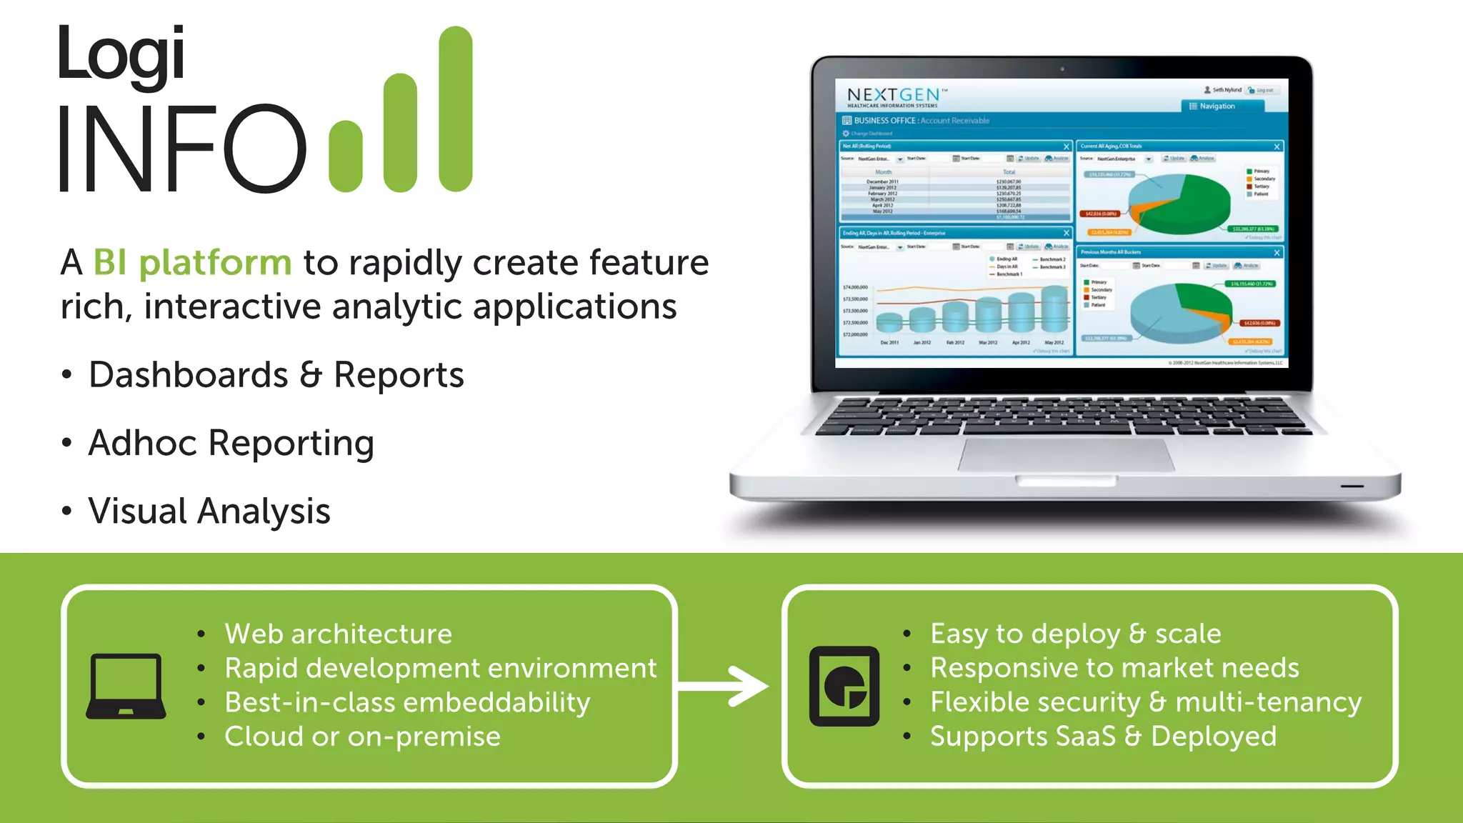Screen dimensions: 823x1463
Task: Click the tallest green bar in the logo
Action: pos(455,109)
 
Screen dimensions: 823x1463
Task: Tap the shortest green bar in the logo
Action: pos(346,156)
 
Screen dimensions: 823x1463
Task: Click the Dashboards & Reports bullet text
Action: pos(276,375)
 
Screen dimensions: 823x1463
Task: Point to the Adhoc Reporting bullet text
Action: pos(231,443)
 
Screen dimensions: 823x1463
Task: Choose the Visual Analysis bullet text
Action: pos(209,512)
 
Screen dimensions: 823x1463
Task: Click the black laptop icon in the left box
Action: pos(126,686)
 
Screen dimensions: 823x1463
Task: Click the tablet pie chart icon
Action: pos(844,686)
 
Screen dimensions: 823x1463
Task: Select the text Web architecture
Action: pos(338,634)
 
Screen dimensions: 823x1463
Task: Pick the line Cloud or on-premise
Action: pos(362,737)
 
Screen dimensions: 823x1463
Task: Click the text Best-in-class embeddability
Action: pos(407,702)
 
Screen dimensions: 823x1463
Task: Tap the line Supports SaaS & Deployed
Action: pos(1102,737)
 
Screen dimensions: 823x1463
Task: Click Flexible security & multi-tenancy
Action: pos(1145,702)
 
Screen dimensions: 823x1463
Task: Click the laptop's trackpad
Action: pos(1066,455)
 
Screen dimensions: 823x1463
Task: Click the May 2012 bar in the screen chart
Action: pos(1054,309)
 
